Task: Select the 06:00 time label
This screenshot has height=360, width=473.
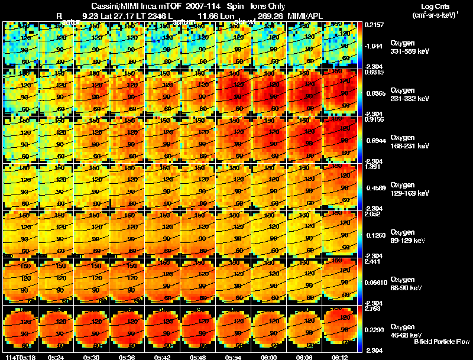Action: point(268,357)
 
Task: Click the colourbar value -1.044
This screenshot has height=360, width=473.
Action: point(376,46)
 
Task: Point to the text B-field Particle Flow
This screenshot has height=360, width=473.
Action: point(441,342)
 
